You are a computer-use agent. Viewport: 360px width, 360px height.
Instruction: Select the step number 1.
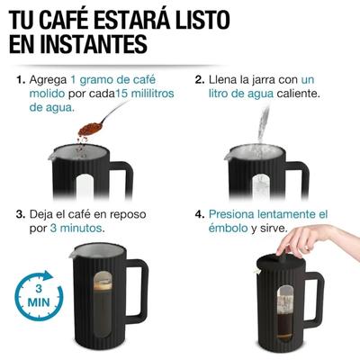pos(20,80)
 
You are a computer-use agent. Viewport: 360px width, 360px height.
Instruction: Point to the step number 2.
pos(200,80)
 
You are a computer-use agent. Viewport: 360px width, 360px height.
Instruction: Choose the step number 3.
pos(20,215)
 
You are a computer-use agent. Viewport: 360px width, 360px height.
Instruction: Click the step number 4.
pos(200,215)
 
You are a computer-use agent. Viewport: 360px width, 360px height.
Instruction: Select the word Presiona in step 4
pos(236,215)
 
